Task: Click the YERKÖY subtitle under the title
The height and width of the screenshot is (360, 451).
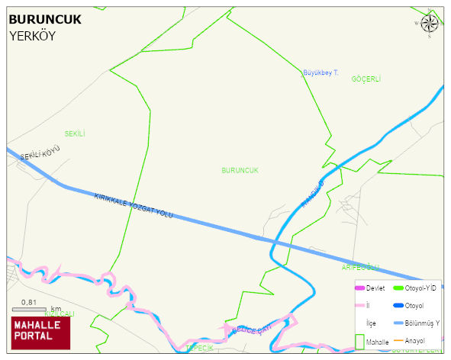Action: click(x=33, y=36)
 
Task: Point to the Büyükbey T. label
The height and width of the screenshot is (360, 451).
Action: click(x=321, y=72)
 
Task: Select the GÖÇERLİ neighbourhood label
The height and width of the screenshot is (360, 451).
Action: click(x=366, y=79)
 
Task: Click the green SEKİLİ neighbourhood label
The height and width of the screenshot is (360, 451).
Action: click(x=75, y=133)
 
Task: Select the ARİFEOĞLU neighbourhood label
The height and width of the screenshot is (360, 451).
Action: click(x=360, y=267)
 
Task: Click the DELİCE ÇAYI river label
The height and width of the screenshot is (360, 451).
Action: click(x=252, y=329)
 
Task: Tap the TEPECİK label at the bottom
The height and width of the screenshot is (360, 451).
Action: click(x=199, y=348)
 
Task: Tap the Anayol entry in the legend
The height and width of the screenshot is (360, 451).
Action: click(x=415, y=340)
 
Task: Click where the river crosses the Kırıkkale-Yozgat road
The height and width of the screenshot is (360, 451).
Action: click(x=275, y=243)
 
